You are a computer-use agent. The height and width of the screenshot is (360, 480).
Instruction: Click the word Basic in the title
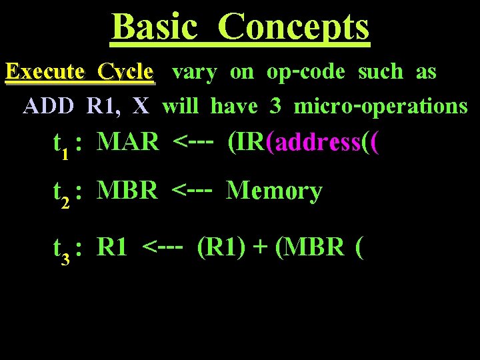pyautogui.click(x=155, y=27)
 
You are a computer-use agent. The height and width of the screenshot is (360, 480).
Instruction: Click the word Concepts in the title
pyautogui.click(x=293, y=27)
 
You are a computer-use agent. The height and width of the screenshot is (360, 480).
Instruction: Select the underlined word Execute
pyautogui.click(x=45, y=72)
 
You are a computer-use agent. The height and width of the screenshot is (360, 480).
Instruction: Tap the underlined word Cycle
pyautogui.click(x=125, y=72)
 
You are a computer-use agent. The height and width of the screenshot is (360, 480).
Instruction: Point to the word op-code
pyautogui.click(x=305, y=73)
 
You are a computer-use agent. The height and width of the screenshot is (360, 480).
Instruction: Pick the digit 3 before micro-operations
pyautogui.click(x=275, y=106)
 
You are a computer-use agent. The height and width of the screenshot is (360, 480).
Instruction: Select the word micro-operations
pyautogui.click(x=381, y=106)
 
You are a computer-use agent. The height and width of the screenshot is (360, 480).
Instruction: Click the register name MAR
pyautogui.click(x=128, y=141)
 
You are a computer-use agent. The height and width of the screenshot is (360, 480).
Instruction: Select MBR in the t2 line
pyautogui.click(x=127, y=191)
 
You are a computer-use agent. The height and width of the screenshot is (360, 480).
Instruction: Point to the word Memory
pyautogui.click(x=274, y=191)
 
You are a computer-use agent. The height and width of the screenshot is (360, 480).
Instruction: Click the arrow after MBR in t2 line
pyautogui.click(x=192, y=191)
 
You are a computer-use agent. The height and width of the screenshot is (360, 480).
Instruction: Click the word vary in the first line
pyautogui.click(x=194, y=73)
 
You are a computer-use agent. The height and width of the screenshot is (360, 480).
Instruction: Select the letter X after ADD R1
pyautogui.click(x=141, y=106)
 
